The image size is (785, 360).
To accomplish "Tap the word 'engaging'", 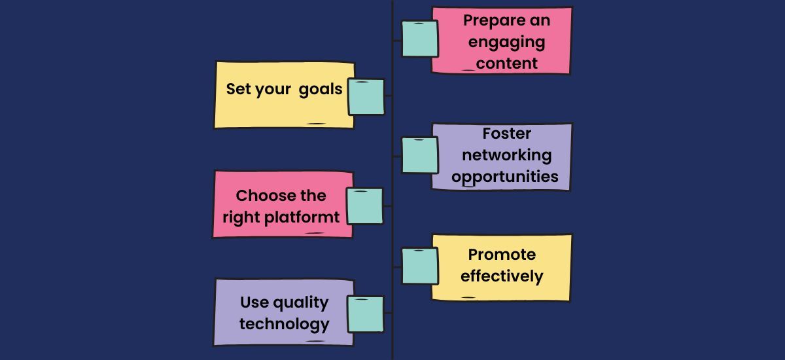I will [506, 42].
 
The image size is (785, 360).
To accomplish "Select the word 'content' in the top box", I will [507, 63].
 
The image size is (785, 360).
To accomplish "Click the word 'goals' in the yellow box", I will [321, 89].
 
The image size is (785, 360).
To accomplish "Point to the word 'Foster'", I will [506, 134].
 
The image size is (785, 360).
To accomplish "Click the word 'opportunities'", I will [505, 177].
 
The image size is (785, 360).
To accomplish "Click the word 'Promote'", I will [502, 255].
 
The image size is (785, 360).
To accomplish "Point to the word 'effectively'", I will [502, 276].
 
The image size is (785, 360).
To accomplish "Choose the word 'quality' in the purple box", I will [300, 302].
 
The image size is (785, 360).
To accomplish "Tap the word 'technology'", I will [284, 324].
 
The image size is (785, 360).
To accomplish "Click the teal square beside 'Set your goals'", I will [366, 97].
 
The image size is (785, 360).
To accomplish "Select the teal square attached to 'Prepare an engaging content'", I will [420, 39].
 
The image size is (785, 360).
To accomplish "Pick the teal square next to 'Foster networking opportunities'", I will [420, 155].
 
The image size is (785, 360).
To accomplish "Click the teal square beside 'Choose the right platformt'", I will [364, 206].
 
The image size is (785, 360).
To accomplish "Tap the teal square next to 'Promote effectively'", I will [420, 266].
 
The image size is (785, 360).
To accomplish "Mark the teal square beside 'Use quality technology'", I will [366, 314].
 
